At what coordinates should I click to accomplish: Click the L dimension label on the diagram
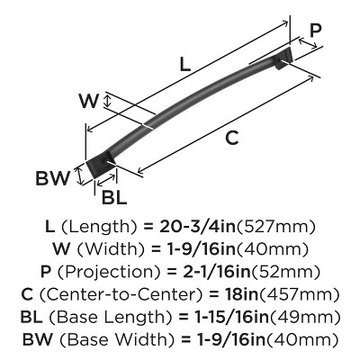tap(185, 63)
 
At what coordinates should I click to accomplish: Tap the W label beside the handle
tap(88, 101)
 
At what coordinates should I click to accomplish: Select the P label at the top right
tap(315, 31)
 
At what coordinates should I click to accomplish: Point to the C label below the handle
tap(232, 138)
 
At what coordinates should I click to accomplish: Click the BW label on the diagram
tap(52, 178)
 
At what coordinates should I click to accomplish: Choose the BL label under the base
tap(114, 197)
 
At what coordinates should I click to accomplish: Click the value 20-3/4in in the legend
tap(198, 227)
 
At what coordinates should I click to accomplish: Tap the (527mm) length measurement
tap(276, 227)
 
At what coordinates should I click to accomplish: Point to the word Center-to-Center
tap(120, 294)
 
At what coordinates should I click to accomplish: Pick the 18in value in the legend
tap(241, 294)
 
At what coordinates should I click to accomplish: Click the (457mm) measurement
tap(299, 294)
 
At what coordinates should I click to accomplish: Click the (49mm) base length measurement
tap(304, 317)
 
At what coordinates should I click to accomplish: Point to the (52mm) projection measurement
tap(285, 272)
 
